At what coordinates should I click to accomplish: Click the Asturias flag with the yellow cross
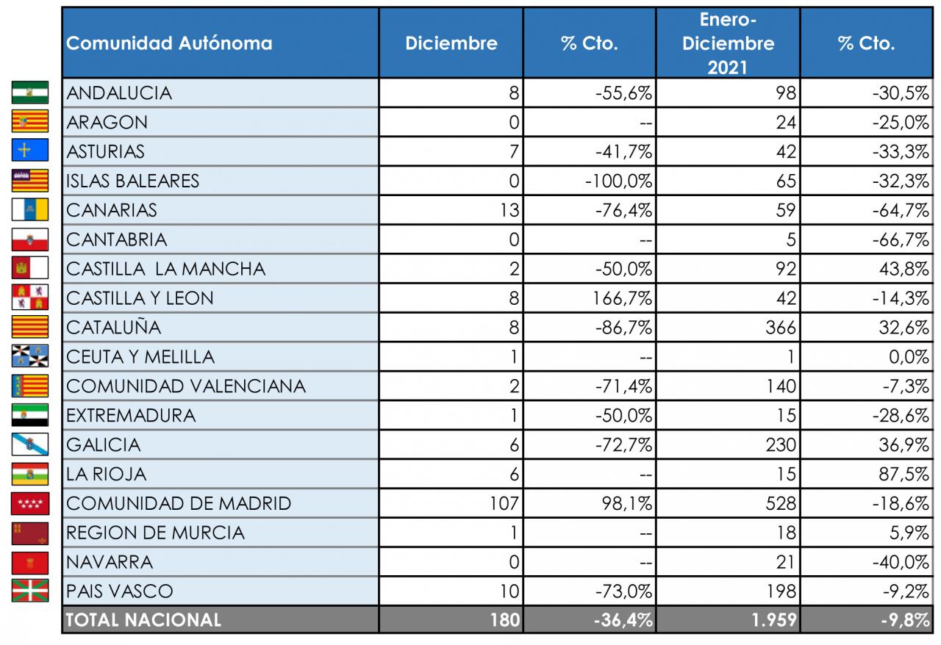coord(30,150)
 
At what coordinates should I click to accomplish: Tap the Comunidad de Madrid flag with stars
coord(30,503)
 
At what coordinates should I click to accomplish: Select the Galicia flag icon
coord(30,444)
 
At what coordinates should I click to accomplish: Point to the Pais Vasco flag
coord(30,591)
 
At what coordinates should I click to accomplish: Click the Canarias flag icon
coord(30,209)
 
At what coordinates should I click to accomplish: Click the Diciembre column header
coord(451,43)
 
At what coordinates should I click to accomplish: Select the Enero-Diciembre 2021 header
coord(728,43)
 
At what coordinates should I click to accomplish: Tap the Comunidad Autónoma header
coord(169,43)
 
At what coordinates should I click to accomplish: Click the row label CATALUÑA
coord(113,326)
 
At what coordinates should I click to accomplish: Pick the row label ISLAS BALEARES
coord(132,181)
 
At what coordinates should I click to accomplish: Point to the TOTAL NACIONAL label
coord(143,620)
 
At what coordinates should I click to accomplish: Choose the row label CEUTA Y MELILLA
coord(140,357)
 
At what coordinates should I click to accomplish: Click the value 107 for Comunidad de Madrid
coord(504,503)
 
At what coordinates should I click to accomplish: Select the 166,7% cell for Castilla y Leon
coord(622,298)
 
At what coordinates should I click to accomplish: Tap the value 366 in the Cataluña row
coord(781,328)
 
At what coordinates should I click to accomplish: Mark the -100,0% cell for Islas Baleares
coord(619,181)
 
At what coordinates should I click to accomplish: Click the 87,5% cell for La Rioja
coord(904,475)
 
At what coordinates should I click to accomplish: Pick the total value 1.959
coord(773,620)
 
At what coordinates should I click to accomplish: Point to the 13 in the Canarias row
coord(509,210)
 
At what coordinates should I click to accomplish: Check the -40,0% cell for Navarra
coord(901,562)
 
